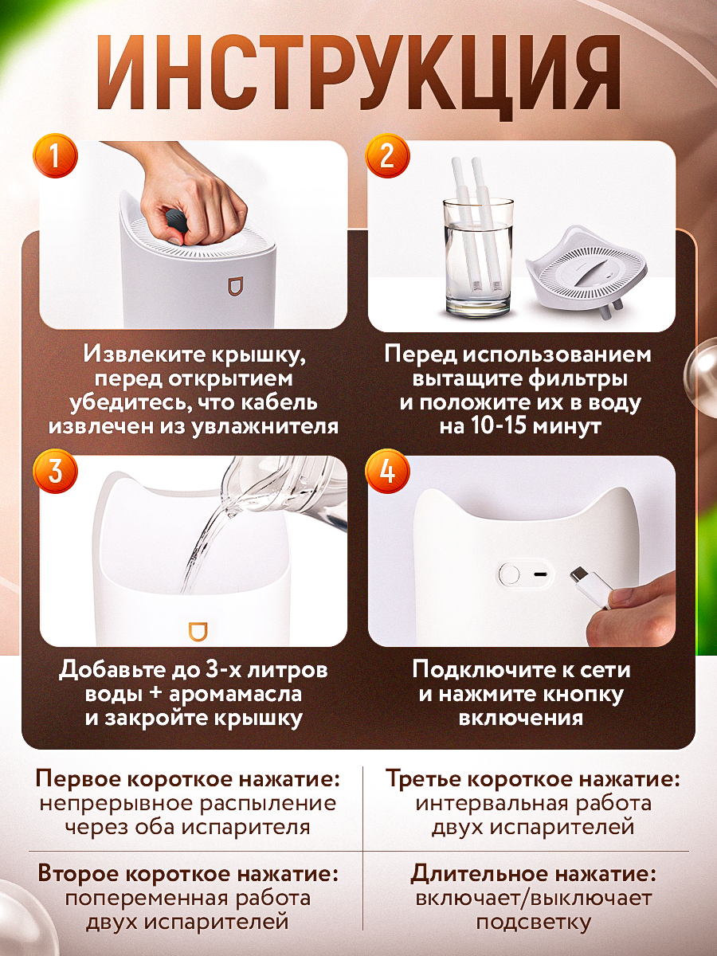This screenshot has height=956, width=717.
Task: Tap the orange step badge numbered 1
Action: [55, 155]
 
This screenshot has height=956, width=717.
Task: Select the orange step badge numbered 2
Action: [387, 155]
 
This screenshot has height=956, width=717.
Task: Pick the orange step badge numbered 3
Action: [55, 471]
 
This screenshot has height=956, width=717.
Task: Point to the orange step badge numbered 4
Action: [387, 471]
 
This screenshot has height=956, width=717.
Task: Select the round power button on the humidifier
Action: [509, 574]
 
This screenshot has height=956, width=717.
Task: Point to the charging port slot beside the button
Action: [541, 574]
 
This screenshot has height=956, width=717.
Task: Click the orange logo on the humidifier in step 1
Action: [236, 286]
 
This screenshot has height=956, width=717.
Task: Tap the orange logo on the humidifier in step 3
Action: [198, 631]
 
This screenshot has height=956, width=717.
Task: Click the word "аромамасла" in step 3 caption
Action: [235, 693]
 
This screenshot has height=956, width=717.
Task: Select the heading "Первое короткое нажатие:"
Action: [188, 779]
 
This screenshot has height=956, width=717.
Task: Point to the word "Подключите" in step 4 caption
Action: [474, 669]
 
